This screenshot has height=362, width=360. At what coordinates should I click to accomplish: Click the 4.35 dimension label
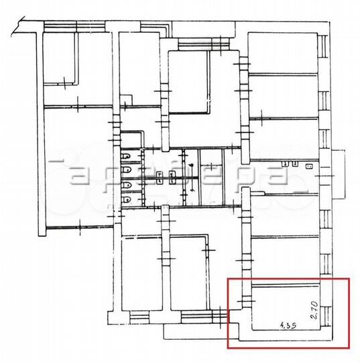click(x=287, y=325)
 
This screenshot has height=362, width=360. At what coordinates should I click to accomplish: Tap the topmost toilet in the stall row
click(x=127, y=157)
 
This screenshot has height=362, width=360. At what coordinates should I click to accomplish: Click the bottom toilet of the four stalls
click(x=127, y=199)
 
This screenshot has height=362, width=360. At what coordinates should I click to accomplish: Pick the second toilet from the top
click(x=127, y=170)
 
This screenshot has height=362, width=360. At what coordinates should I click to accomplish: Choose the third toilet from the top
click(x=127, y=186)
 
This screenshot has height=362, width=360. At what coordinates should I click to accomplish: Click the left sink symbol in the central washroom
click(x=159, y=177)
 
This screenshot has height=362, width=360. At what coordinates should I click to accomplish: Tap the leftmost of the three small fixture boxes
click(x=285, y=163)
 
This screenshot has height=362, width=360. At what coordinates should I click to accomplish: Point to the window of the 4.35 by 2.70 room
click(x=324, y=305)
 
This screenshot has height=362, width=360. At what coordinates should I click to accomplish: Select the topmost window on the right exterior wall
click(x=324, y=44)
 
